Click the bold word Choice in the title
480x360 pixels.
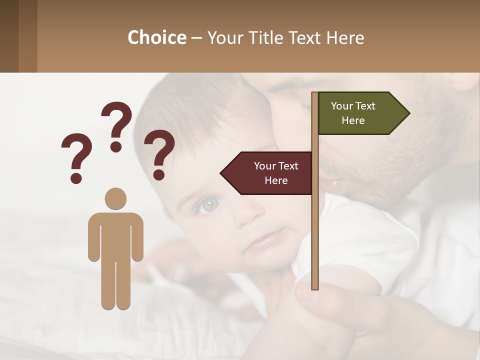point(156,38)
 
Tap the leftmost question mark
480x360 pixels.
point(76,157)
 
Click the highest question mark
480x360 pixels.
point(116,126)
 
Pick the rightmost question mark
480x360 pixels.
point(159,154)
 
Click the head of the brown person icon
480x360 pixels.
point(115,198)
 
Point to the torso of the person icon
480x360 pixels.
point(115,235)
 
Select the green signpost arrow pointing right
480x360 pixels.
point(360,113)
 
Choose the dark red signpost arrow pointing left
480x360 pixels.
point(270,173)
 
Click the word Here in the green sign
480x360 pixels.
point(353,120)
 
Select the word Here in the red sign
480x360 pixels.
point(276,180)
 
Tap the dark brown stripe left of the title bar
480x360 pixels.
point(9,36)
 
